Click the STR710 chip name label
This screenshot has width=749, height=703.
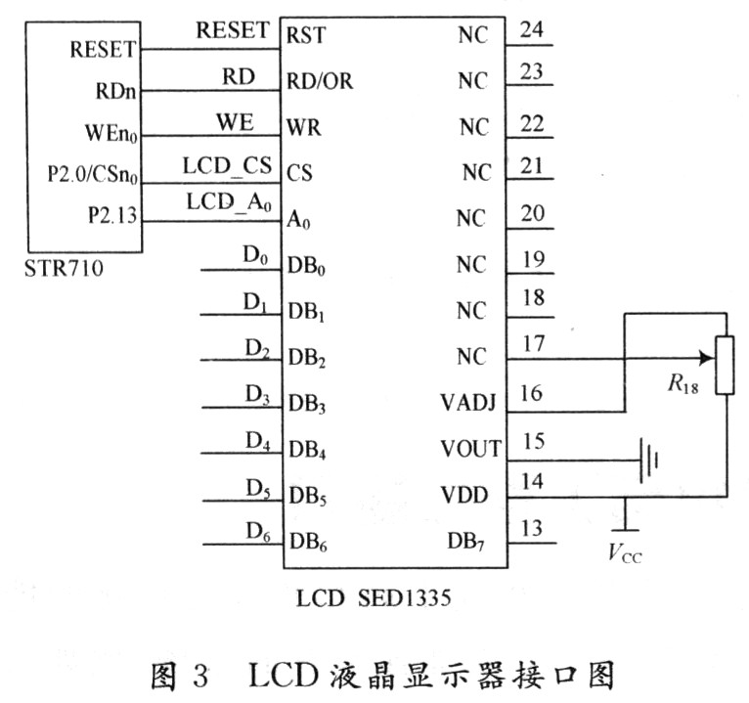click(64, 269)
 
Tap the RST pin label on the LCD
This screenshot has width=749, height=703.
click(306, 35)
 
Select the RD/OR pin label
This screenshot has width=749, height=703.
click(320, 81)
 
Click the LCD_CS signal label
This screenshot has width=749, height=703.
click(228, 165)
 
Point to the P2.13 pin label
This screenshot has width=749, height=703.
click(112, 215)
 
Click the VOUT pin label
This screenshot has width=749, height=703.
click(470, 449)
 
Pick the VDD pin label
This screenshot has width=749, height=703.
click(464, 495)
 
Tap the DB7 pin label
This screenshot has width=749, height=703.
click(465, 542)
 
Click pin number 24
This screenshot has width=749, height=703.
click(532, 30)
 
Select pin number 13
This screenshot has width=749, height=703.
click(532, 528)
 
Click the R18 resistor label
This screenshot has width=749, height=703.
click(683, 384)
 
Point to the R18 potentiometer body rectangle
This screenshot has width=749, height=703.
click(725, 366)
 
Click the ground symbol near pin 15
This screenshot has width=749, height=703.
click(649, 461)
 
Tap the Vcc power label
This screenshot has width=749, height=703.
click(625, 553)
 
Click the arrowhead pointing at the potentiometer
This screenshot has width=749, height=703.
click(706, 358)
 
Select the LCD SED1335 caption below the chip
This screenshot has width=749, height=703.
click(374, 598)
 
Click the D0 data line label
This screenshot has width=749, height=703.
click(255, 255)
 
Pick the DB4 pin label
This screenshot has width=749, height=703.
click(308, 451)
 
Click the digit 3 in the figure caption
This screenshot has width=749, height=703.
click(200, 676)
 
